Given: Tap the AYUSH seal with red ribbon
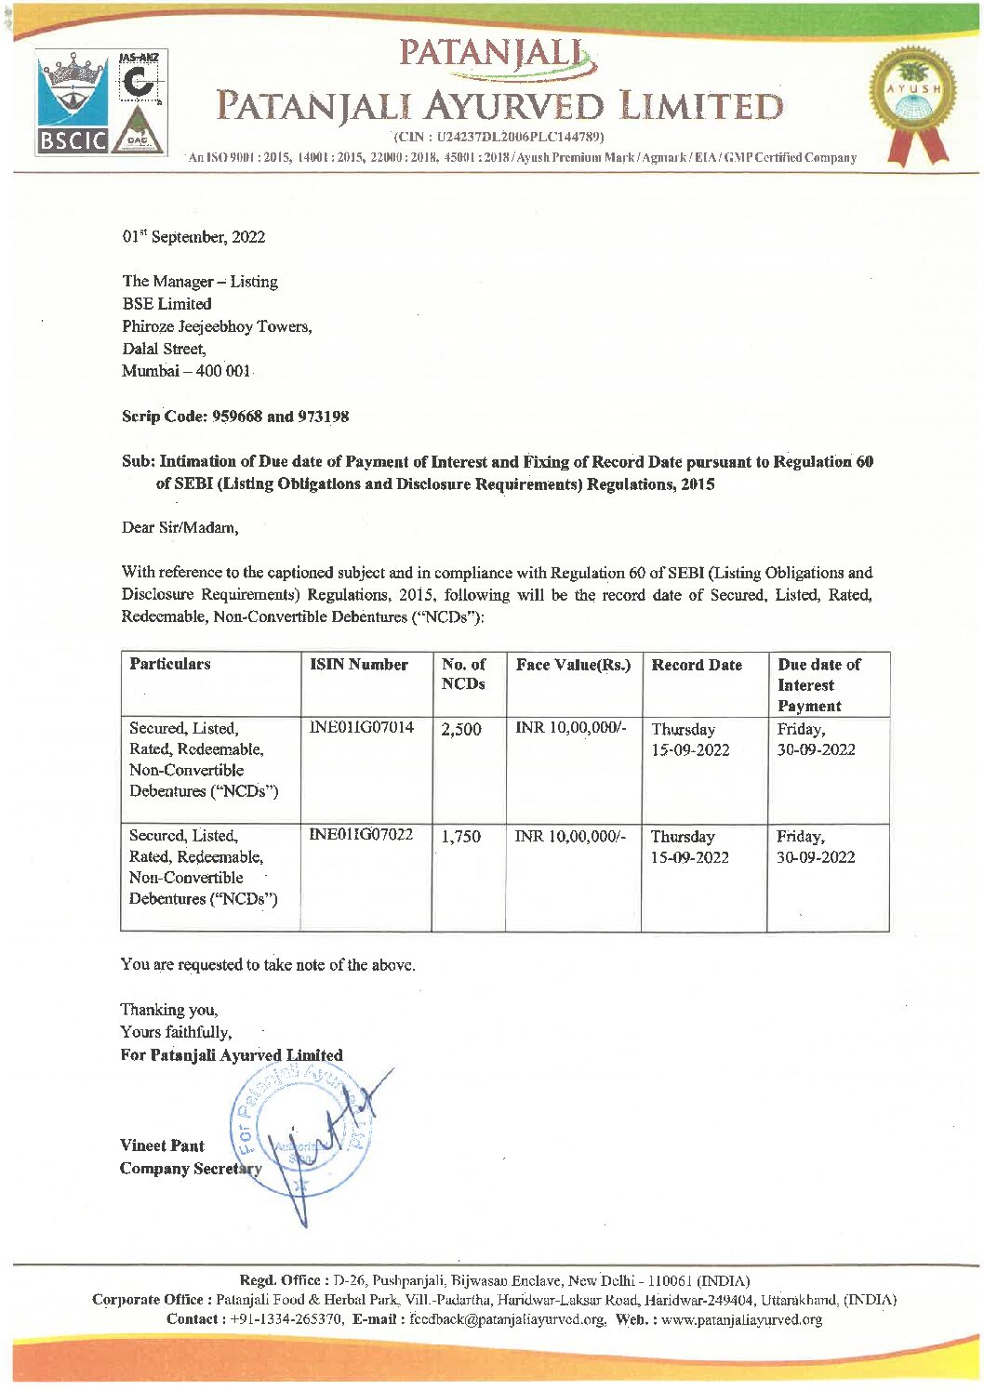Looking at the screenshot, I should coord(907,102).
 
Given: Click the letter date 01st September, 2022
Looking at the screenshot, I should coord(193,237).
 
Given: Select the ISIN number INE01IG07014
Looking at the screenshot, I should coord(361,727).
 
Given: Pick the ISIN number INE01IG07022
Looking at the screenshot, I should coord(361,834).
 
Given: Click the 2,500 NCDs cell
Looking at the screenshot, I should coord(461,730).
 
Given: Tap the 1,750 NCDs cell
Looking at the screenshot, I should coord(461,837).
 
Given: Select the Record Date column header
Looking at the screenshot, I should coord(697,665).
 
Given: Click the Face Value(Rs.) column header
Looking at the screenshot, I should coord(573,665).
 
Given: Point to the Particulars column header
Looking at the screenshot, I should coord(170,664).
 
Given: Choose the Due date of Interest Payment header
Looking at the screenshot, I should coord(818,685).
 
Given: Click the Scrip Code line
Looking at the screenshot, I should coord(235,417).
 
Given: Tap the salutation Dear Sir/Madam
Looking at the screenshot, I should coord(180,528).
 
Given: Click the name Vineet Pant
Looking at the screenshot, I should coord(162,1145).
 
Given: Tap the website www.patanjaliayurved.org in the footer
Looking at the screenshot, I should coord(740,1319).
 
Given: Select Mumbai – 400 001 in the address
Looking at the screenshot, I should coord(186,371).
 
